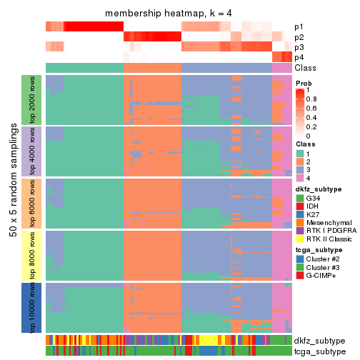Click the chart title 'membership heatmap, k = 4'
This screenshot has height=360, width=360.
coord(169,14)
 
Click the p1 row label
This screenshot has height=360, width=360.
coord(299,27)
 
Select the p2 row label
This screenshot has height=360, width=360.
coord(299,37)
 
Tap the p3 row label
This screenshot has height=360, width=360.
coord(299,47)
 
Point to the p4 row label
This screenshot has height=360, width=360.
coord(299,57)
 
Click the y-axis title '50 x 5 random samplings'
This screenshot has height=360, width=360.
coord(13,204)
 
